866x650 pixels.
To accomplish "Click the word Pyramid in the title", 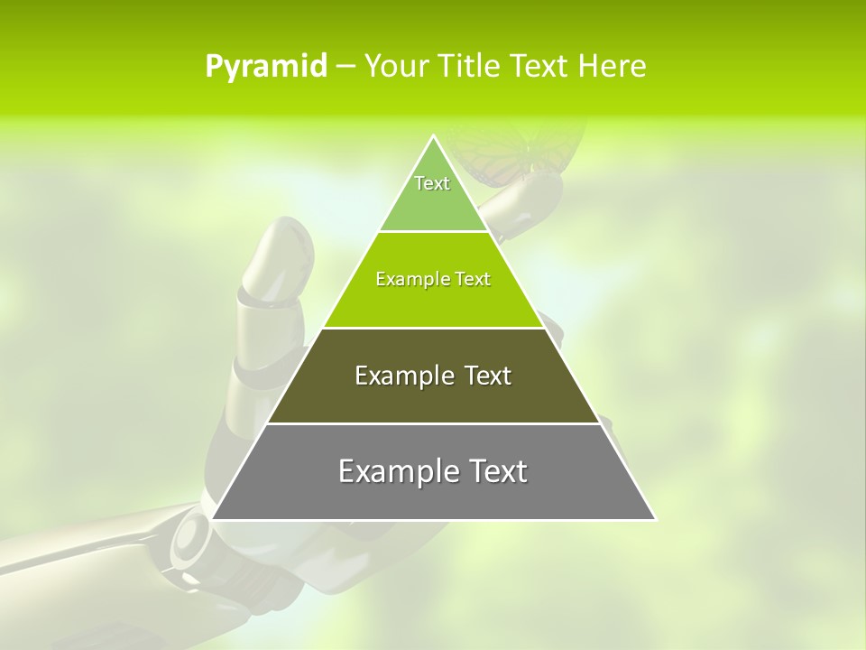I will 265,67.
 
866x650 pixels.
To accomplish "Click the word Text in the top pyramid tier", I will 432,183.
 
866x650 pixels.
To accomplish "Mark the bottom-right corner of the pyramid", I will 655,519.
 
